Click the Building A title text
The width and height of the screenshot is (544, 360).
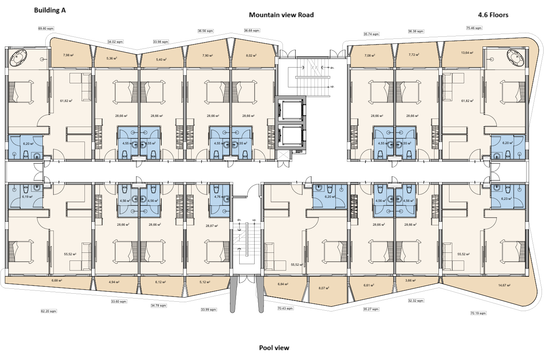[50, 11]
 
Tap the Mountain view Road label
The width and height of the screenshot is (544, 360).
[281, 15]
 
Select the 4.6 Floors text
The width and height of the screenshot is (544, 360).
[493, 15]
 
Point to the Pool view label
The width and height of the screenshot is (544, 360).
[274, 347]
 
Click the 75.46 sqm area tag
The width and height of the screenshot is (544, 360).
[474, 28]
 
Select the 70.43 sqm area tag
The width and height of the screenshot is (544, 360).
[285, 308]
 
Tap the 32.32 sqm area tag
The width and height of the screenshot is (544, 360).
[416, 301]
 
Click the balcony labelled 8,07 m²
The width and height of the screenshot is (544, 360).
[324, 288]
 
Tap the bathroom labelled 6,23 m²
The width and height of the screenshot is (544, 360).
[506, 199]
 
